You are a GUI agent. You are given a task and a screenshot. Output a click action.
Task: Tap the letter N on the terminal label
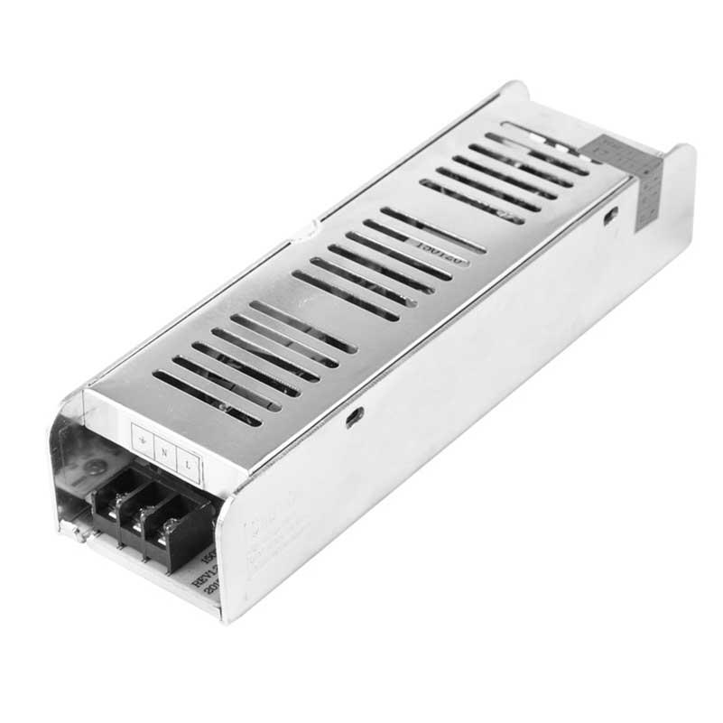click(x=164, y=450)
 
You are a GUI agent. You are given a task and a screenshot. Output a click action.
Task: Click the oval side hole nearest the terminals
click(x=355, y=417)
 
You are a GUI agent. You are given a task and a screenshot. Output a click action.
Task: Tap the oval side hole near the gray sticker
click(x=610, y=216)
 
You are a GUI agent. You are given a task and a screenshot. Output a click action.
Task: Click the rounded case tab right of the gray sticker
click(x=679, y=181)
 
